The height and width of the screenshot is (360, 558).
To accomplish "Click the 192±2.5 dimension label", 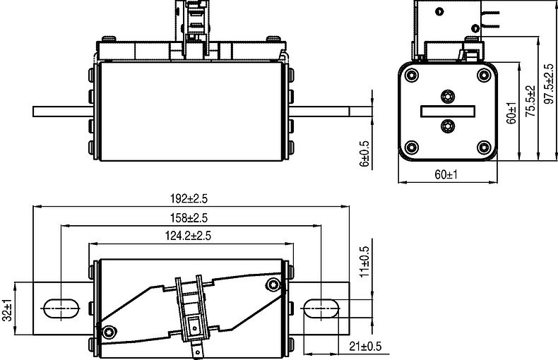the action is (x=189, y=198).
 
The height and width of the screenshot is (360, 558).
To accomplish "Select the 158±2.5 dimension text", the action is (x=189, y=217).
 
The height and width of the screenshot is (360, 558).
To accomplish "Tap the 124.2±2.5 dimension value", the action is (x=188, y=236).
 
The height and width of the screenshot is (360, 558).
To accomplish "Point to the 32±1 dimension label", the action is (x=7, y=309).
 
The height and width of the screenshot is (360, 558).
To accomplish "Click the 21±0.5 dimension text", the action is (x=365, y=346).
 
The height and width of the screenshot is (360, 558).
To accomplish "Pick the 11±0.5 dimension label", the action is (x=364, y=262).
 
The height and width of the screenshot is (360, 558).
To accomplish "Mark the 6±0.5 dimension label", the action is (x=364, y=154).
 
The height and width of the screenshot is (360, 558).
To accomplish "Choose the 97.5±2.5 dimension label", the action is (x=549, y=84).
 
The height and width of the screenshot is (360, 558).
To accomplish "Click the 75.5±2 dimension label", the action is (x=530, y=101).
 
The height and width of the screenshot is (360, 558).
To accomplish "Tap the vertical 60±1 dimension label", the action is (x=512, y=113).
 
